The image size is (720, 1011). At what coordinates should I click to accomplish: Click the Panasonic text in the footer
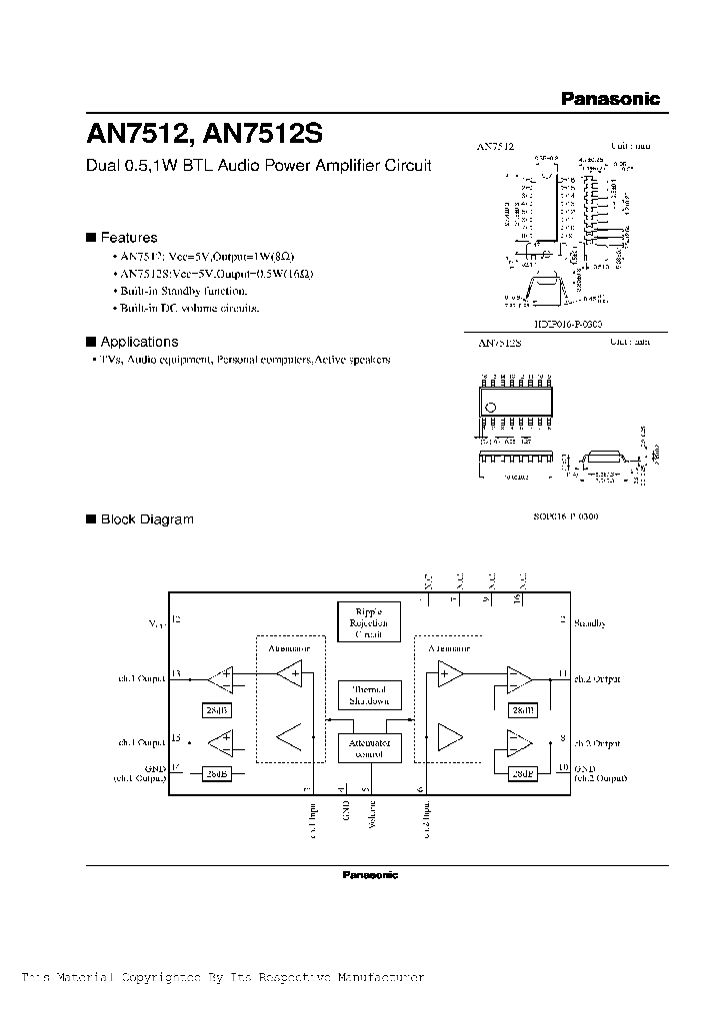369,875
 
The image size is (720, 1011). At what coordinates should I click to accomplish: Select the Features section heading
128,238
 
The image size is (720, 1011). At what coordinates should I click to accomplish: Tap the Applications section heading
139,342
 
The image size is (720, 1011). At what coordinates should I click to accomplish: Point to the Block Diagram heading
146,519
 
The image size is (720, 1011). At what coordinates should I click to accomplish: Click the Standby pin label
590,623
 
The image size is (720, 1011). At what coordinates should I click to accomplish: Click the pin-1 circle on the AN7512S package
489,407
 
